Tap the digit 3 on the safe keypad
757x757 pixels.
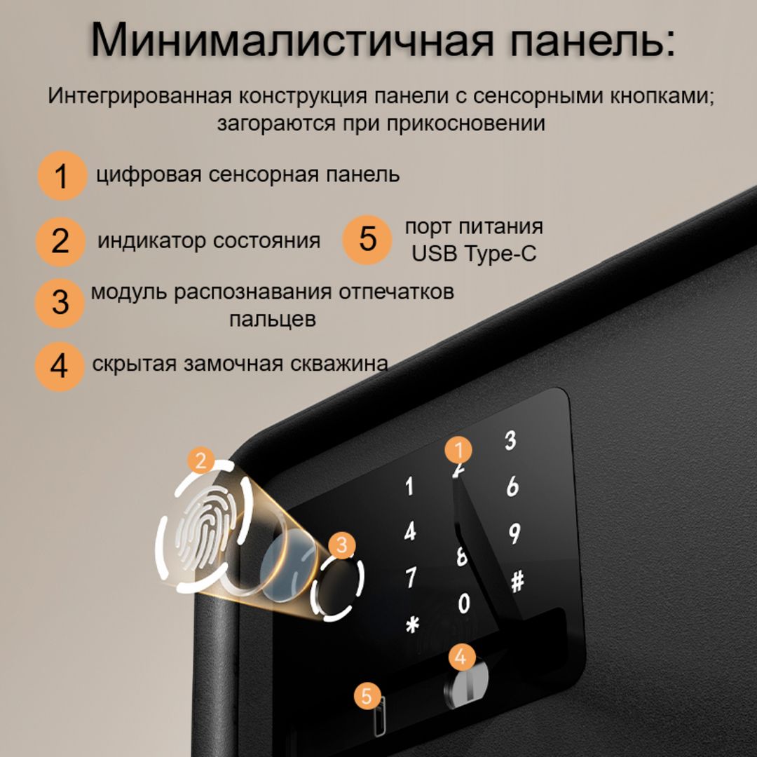tap(510, 440)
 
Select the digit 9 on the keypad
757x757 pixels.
tap(514, 534)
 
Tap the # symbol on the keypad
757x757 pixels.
tap(517, 581)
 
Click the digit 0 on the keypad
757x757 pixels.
tap(463, 603)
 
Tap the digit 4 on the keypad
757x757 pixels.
tap(410, 531)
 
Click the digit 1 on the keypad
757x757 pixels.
tap(409, 486)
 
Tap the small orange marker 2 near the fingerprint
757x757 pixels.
tap(202, 461)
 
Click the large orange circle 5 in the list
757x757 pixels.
tap(367, 239)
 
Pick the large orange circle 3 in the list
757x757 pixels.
tap(61, 302)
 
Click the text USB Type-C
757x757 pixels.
tap(473, 253)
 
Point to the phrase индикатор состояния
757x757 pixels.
tap(208, 240)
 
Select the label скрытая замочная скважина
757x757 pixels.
tap(240, 363)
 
